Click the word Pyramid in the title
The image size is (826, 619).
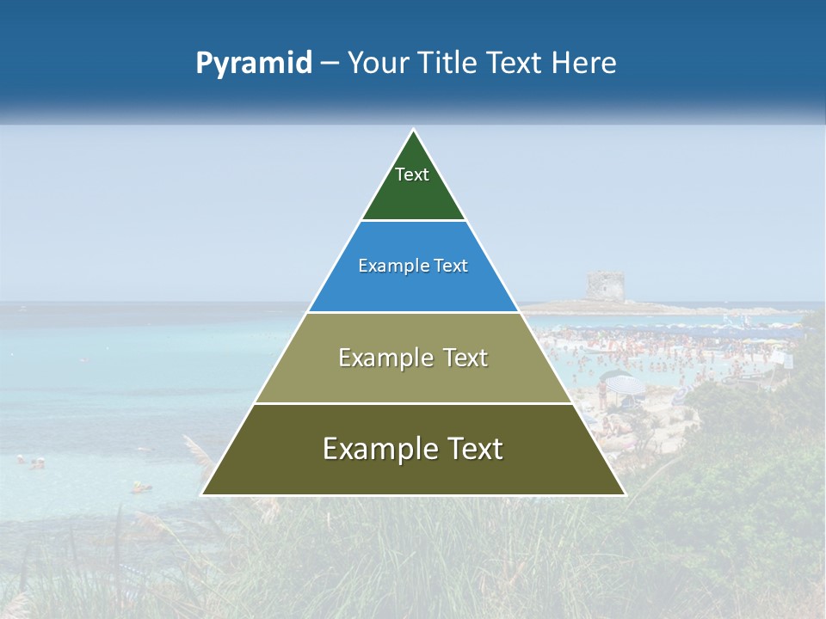(254, 64)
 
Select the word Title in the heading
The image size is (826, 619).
(448, 63)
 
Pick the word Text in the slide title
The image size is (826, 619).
(515, 63)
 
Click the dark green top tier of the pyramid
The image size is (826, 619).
(413, 193)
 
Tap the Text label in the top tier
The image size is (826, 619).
(412, 175)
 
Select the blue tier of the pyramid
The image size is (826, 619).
(413, 288)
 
